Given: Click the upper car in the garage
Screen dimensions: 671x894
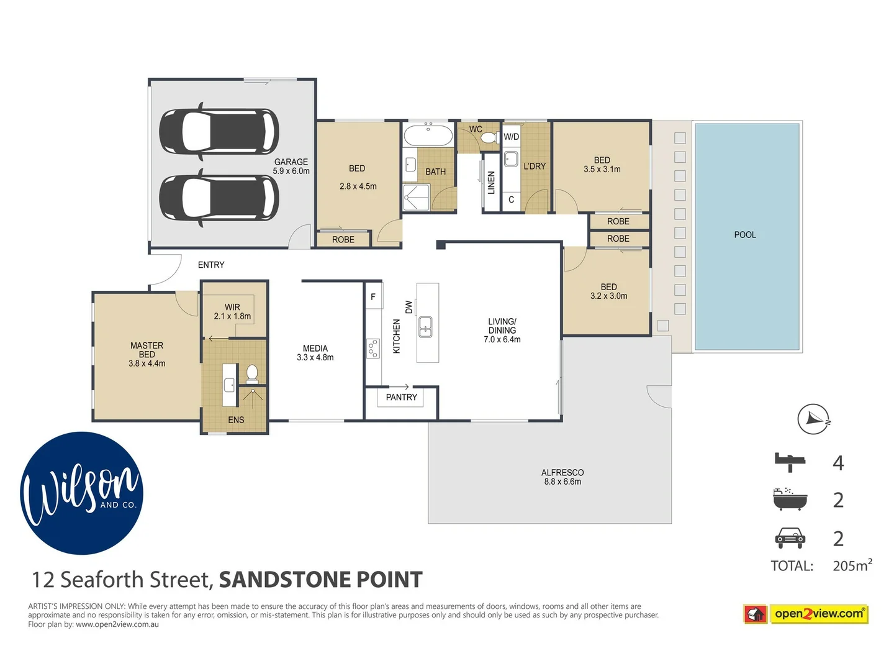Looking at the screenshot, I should tap(219, 131).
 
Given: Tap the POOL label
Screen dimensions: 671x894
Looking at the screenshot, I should tap(744, 235).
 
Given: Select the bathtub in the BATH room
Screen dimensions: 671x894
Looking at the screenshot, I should tap(428, 135).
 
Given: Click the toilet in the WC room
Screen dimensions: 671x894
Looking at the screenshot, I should tap(489, 137).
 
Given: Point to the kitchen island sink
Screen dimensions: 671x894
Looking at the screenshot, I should tap(425, 326).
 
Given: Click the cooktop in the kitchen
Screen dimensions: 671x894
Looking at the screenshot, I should tap(372, 349).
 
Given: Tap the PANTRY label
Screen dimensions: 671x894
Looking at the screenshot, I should tap(401, 397).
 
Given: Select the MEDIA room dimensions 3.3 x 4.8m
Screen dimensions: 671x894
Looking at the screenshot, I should tap(315, 358).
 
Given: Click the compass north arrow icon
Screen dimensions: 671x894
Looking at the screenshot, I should tap(813, 419).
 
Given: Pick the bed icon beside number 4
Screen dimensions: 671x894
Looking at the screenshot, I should tap(790, 462).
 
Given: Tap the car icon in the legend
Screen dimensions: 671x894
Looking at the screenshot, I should tap(790, 538).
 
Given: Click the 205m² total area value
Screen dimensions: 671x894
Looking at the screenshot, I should tap(852, 565).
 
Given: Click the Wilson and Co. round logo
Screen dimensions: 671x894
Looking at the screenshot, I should tap(82, 493).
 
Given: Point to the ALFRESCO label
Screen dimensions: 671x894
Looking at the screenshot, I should tap(562, 472).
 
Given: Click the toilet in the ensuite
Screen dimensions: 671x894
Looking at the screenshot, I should tap(252, 373).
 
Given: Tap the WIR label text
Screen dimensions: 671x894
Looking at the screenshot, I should tap(232, 307).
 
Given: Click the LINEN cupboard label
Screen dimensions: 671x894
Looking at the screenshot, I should tap(491, 183).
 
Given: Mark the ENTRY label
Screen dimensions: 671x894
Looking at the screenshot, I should tap(211, 265).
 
